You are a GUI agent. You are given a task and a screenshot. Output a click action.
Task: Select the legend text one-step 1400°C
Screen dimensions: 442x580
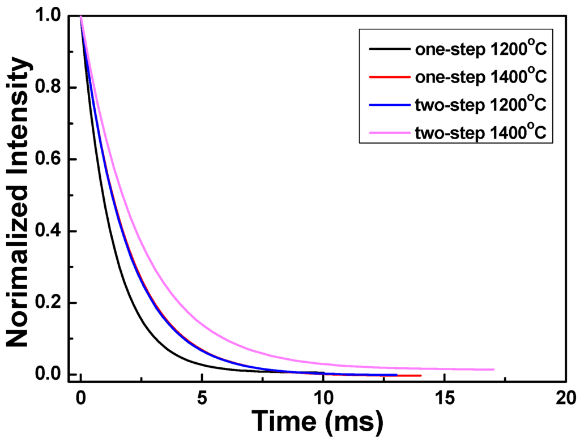coord(481,76)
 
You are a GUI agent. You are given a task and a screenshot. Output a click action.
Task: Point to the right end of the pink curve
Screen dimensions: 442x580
coord(493,370)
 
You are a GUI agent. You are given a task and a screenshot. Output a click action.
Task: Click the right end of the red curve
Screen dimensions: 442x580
coord(420,375)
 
